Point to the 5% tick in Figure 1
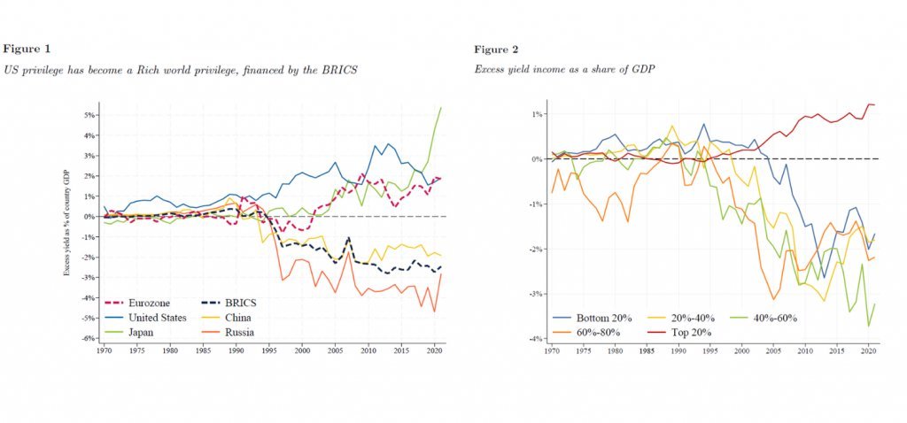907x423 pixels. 89,115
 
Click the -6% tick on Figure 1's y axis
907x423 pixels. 89,339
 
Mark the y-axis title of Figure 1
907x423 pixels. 66,227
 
